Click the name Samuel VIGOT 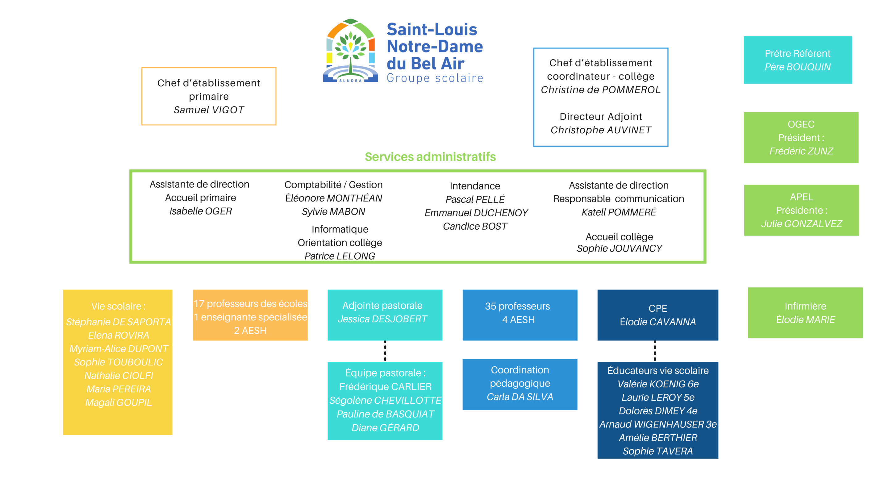[209, 110]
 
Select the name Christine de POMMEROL [600, 90]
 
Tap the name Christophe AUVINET [601, 130]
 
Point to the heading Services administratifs [430, 157]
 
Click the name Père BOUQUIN [798, 67]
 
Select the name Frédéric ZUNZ [801, 151]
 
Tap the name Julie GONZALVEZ [801, 224]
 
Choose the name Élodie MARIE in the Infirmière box [805, 319]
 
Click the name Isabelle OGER [201, 211]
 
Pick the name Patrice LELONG [340, 256]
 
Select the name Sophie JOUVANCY [619, 248]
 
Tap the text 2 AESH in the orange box [250, 331]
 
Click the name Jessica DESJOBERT [382, 319]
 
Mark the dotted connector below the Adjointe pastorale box [385, 351]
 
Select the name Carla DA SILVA [520, 397]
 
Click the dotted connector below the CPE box [655, 351]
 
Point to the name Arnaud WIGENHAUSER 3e [658, 424]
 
